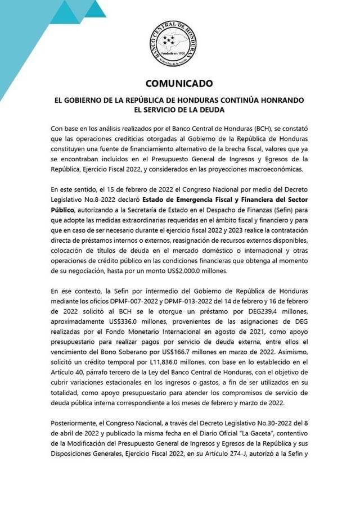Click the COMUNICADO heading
coord(179,84)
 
